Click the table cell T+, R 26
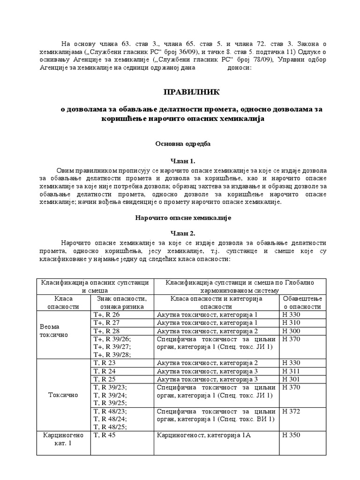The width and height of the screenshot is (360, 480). (107, 315)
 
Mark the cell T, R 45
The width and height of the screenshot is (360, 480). (105, 435)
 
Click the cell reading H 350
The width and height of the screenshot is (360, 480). (291, 435)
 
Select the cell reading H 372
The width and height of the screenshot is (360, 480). (291, 412)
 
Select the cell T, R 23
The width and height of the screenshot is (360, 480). (105, 363)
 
